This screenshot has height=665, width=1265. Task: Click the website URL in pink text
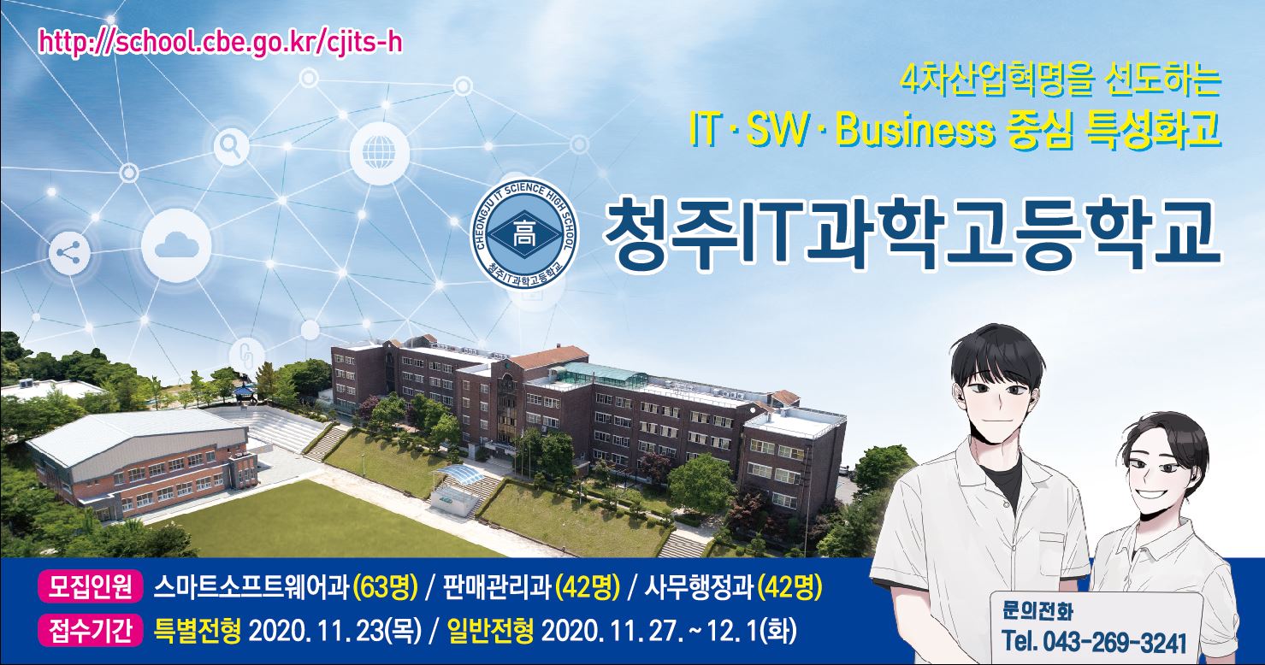point(221,43)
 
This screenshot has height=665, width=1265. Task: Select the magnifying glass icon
point(232,147)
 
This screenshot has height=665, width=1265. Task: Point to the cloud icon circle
point(176,245)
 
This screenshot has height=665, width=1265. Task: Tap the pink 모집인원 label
point(91,588)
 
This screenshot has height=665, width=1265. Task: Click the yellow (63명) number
point(385,588)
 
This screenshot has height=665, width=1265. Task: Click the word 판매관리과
point(497,588)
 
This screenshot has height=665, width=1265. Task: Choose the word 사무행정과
point(698,588)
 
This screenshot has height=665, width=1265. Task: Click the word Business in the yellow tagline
point(914,131)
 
